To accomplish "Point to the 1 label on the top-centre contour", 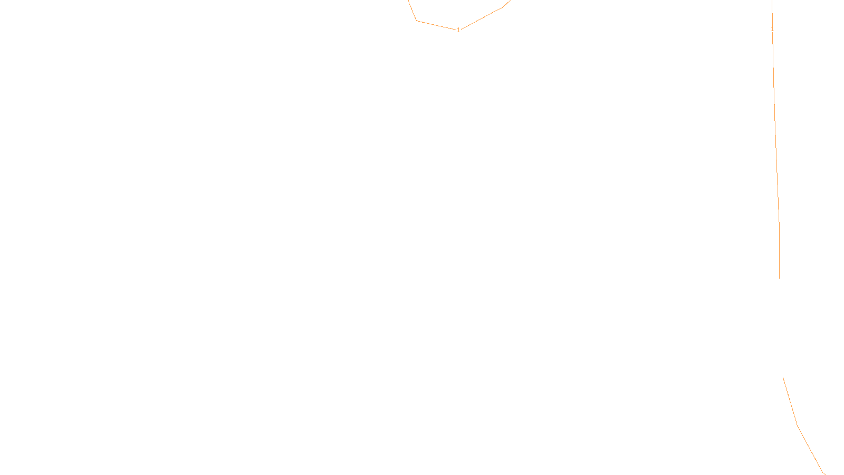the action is click(x=458, y=30).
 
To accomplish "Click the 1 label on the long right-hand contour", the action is click(x=772, y=30).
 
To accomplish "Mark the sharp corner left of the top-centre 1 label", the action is click(x=417, y=21).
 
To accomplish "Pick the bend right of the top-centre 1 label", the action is click(x=502, y=7).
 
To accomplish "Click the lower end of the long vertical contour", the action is click(x=779, y=278).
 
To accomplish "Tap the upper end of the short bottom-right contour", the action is click(x=783, y=377).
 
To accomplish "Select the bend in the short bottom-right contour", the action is click(x=797, y=425).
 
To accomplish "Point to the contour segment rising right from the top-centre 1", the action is click(x=481, y=18).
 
